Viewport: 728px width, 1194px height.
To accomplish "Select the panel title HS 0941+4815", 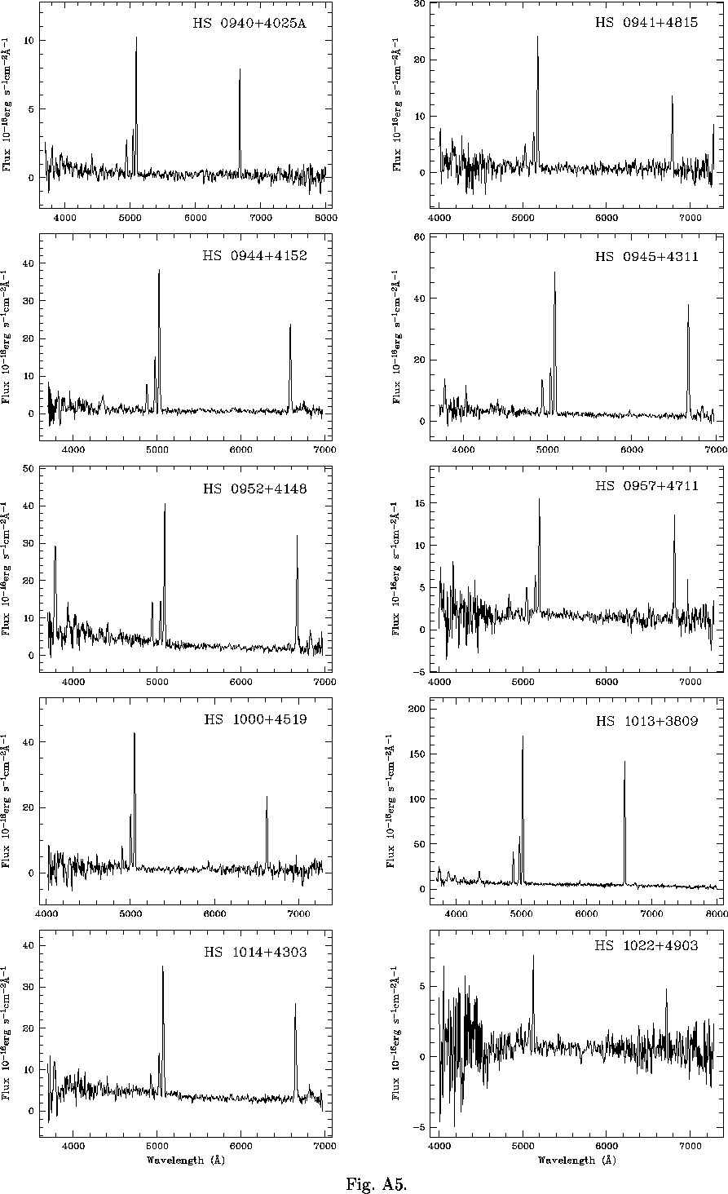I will [646, 23].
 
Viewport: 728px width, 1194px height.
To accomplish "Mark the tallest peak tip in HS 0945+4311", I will [554, 272].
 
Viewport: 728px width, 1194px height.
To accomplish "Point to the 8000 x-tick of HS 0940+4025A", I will [326, 218].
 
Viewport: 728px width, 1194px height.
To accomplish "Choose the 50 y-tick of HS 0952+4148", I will [27, 469].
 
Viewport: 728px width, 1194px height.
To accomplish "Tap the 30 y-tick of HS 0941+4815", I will [422, 3].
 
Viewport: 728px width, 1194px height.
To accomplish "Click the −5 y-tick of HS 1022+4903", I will [422, 1128].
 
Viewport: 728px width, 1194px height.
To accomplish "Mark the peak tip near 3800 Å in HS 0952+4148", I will [55, 546].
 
